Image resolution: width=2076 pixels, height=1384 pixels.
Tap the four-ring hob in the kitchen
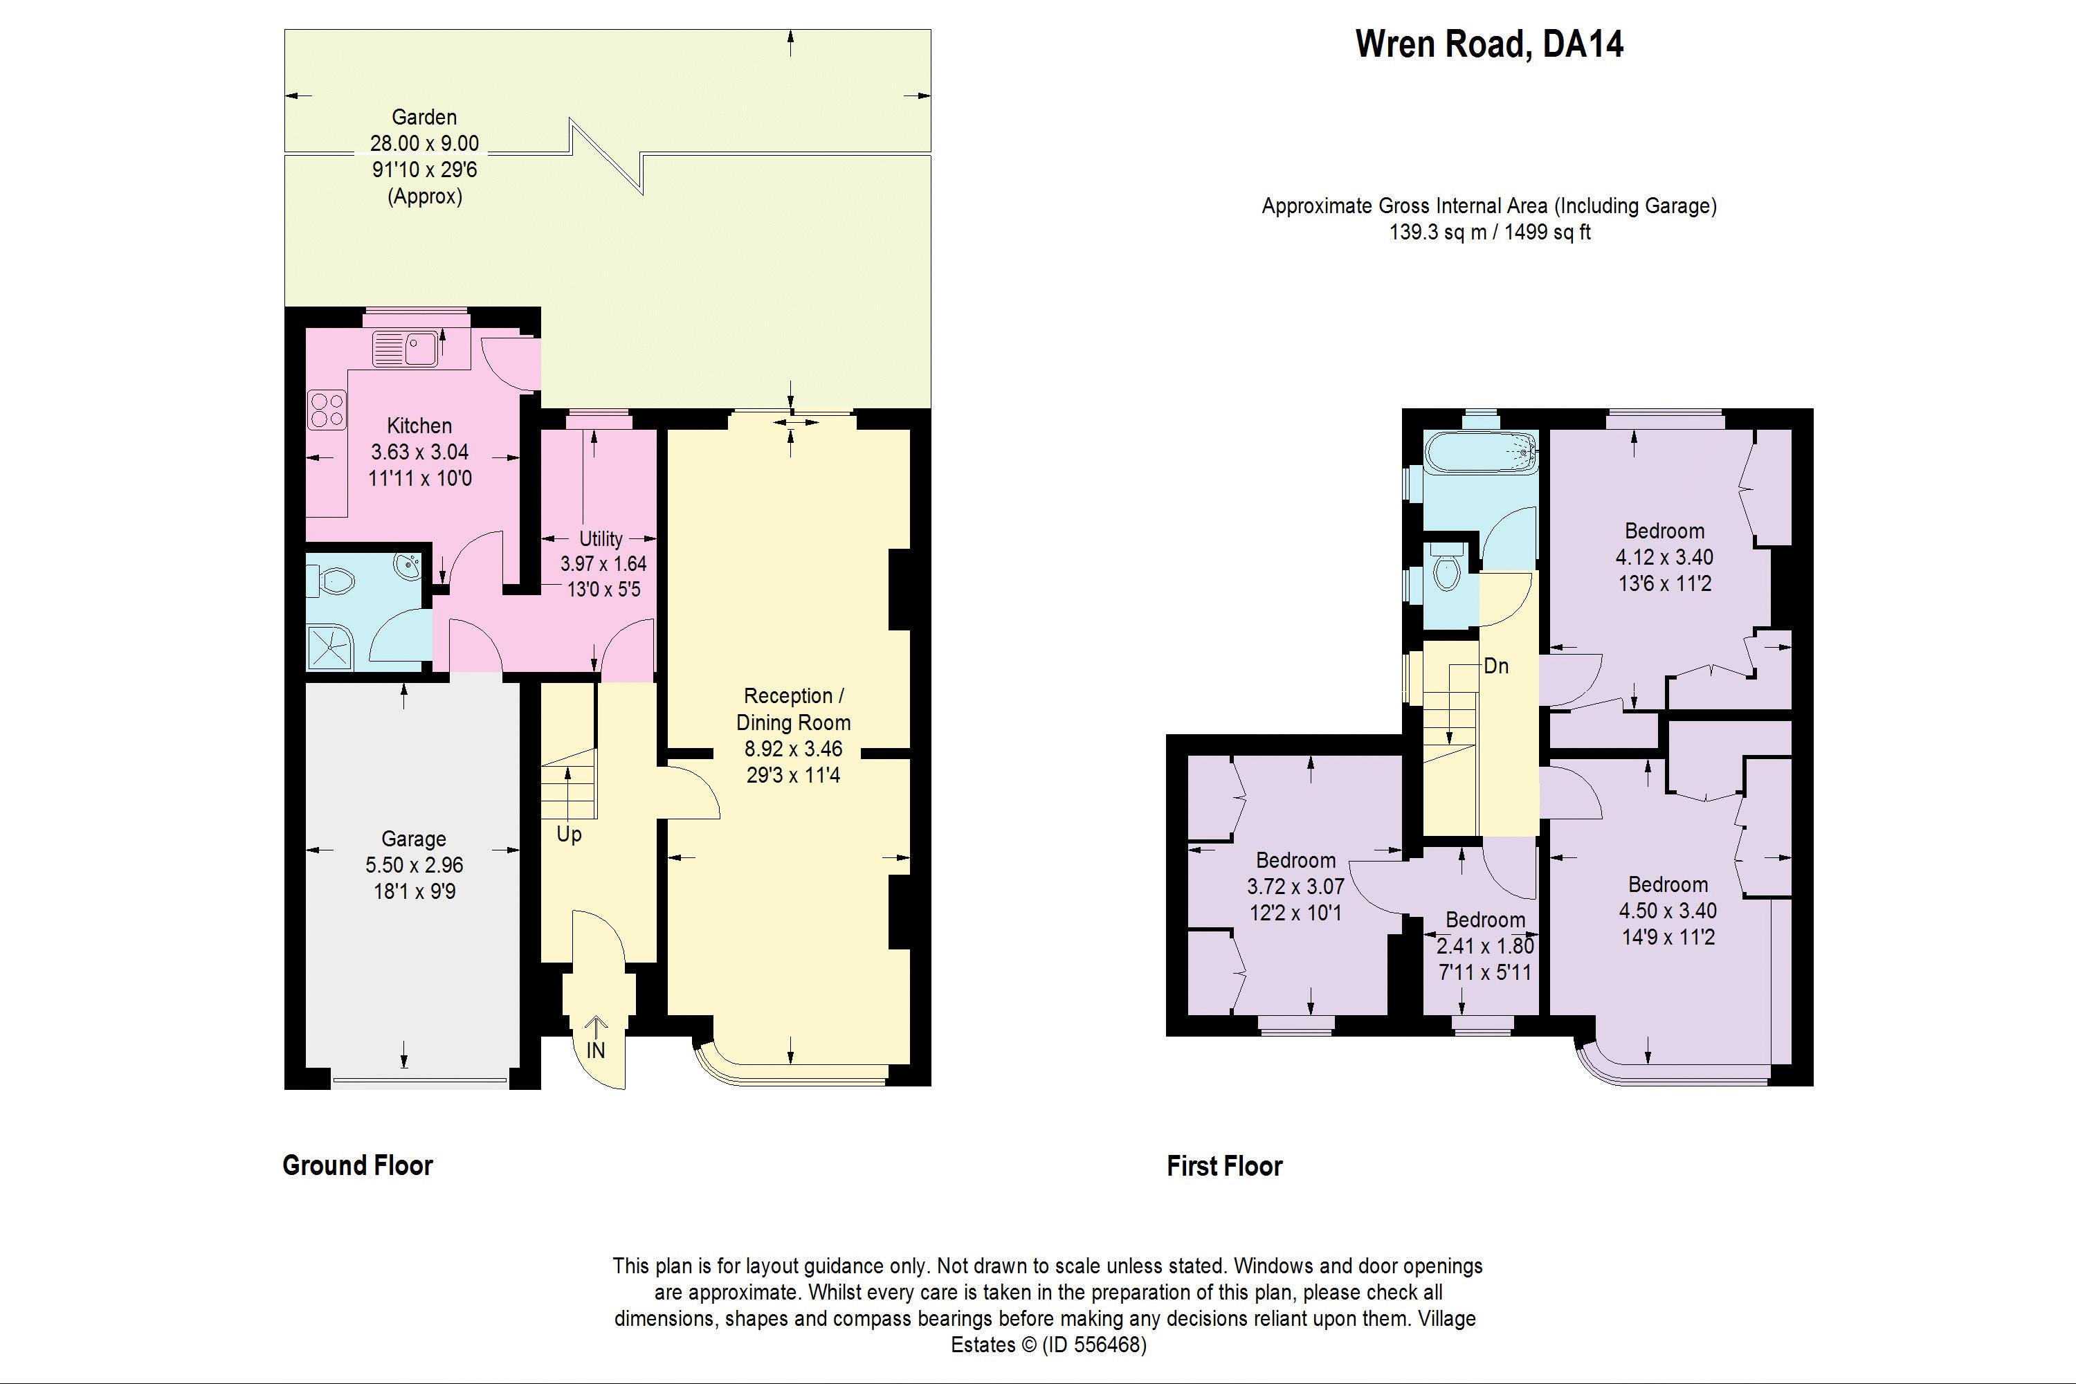327,410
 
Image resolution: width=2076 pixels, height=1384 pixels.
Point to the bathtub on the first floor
1480,452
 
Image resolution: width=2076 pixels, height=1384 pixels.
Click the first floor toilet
1446,566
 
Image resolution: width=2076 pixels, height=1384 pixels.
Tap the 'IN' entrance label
596,1050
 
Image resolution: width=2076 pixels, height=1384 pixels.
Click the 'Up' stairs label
570,834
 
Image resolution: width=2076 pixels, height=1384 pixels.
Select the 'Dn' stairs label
1496,666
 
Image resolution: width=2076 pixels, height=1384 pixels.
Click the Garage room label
413,839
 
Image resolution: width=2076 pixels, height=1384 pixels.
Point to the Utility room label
601,538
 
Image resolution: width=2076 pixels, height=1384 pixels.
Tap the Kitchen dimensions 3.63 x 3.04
419,452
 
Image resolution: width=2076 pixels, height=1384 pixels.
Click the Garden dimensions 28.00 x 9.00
425,143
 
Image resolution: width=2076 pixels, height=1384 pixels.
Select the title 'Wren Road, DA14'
1489,44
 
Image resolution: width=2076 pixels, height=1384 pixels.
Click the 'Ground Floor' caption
358,1165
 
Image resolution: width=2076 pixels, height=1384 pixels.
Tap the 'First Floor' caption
1224,1166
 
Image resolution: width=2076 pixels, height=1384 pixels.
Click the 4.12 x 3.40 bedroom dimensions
1665,557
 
